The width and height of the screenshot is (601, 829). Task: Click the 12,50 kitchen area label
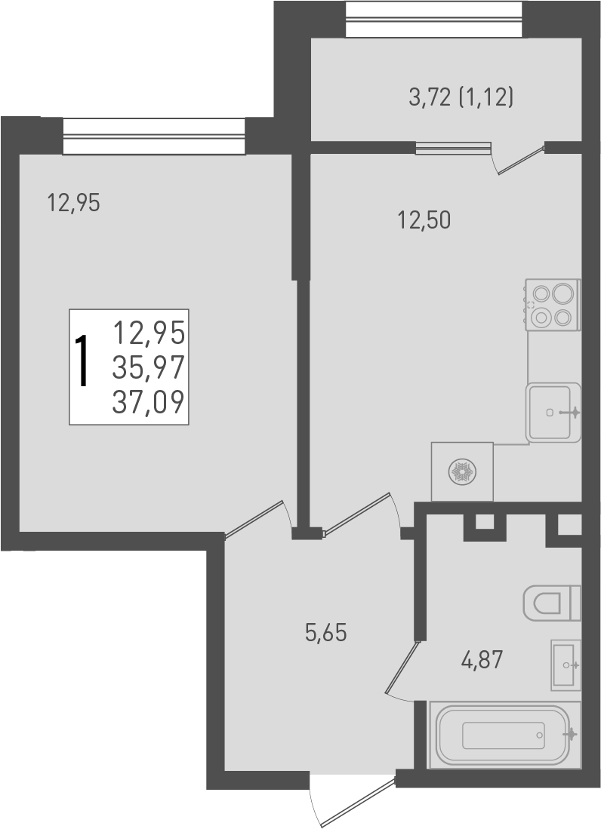(424, 220)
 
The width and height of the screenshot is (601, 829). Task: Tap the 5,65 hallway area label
(325, 634)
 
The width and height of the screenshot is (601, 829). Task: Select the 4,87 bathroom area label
(482, 662)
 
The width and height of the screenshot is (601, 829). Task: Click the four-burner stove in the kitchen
(553, 304)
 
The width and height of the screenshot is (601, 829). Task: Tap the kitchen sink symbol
(553, 412)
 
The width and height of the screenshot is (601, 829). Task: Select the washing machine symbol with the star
(462, 472)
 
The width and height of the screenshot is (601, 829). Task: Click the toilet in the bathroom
(553, 602)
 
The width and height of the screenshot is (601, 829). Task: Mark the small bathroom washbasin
(566, 664)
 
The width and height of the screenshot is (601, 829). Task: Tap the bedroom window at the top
(154, 137)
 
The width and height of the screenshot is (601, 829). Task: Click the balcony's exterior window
(434, 19)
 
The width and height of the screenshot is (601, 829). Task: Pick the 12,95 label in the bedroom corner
(73, 203)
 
